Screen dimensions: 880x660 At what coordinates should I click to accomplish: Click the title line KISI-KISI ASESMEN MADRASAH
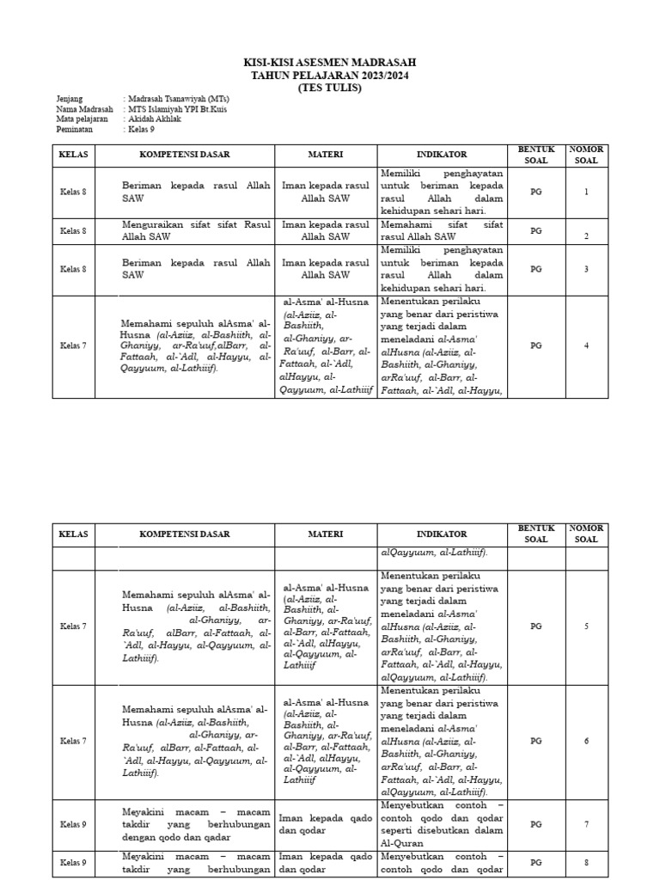pyautogui.click(x=331, y=64)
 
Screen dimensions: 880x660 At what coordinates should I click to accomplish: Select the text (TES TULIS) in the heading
pyautogui.click(x=331, y=88)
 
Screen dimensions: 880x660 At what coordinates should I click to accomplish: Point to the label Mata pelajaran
pyautogui.click(x=82, y=119)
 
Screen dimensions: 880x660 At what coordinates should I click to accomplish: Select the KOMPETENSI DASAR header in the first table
pyautogui.click(x=185, y=155)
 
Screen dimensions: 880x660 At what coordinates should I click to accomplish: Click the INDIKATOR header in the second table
pyautogui.click(x=442, y=534)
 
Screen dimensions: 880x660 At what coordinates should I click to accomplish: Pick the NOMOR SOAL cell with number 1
pyautogui.click(x=586, y=192)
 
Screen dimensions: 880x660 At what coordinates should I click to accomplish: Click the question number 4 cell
pyautogui.click(x=586, y=345)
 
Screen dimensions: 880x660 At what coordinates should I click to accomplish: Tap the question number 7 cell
pyautogui.click(x=586, y=824)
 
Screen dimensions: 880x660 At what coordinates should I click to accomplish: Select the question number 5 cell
pyautogui.click(x=586, y=626)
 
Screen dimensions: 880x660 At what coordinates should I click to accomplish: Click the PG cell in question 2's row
pyautogui.click(x=536, y=230)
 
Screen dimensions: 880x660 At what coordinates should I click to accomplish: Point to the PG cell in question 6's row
pyautogui.click(x=536, y=741)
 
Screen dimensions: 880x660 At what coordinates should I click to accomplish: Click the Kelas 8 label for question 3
pyautogui.click(x=73, y=269)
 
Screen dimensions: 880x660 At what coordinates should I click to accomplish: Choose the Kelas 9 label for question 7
pyautogui.click(x=73, y=824)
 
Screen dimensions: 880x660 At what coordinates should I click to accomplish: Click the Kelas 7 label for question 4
pyautogui.click(x=73, y=345)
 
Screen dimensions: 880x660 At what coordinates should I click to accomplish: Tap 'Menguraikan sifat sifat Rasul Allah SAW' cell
pyautogui.click(x=196, y=230)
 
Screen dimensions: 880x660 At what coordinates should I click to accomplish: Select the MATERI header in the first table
pyautogui.click(x=326, y=155)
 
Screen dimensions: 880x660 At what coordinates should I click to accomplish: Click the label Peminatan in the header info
pyautogui.click(x=75, y=130)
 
